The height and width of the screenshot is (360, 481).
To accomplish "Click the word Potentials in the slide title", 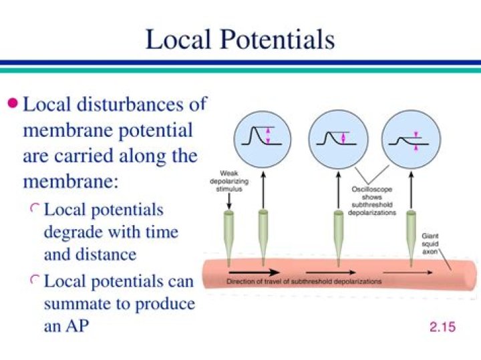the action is click(277, 40).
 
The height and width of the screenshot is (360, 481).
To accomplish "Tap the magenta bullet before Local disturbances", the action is click(13, 103).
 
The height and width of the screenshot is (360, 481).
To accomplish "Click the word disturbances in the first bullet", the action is click(130, 104).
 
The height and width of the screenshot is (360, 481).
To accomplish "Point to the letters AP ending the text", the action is click(77, 326).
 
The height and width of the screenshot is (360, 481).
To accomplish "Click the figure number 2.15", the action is click(442, 327).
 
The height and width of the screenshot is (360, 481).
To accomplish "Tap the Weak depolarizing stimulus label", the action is click(229, 181).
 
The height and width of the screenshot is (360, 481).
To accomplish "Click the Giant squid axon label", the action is click(430, 244).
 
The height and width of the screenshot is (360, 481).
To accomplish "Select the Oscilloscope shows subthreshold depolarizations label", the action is click(372, 201).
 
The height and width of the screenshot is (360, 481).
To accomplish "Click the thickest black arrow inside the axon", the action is click(254, 272).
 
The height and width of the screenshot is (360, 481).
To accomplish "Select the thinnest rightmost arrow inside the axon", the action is click(408, 273).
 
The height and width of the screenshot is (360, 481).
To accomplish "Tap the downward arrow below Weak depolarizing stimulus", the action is click(229, 201).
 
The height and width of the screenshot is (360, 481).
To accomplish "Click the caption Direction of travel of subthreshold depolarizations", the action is click(304, 281).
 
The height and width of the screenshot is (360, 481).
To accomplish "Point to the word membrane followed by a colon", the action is click(71, 182).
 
